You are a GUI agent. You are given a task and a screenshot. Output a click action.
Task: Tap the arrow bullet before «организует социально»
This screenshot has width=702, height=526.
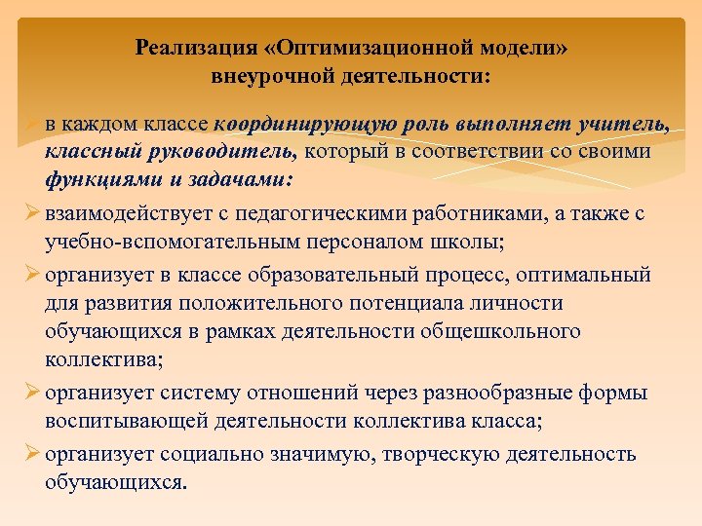(x=30, y=455)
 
